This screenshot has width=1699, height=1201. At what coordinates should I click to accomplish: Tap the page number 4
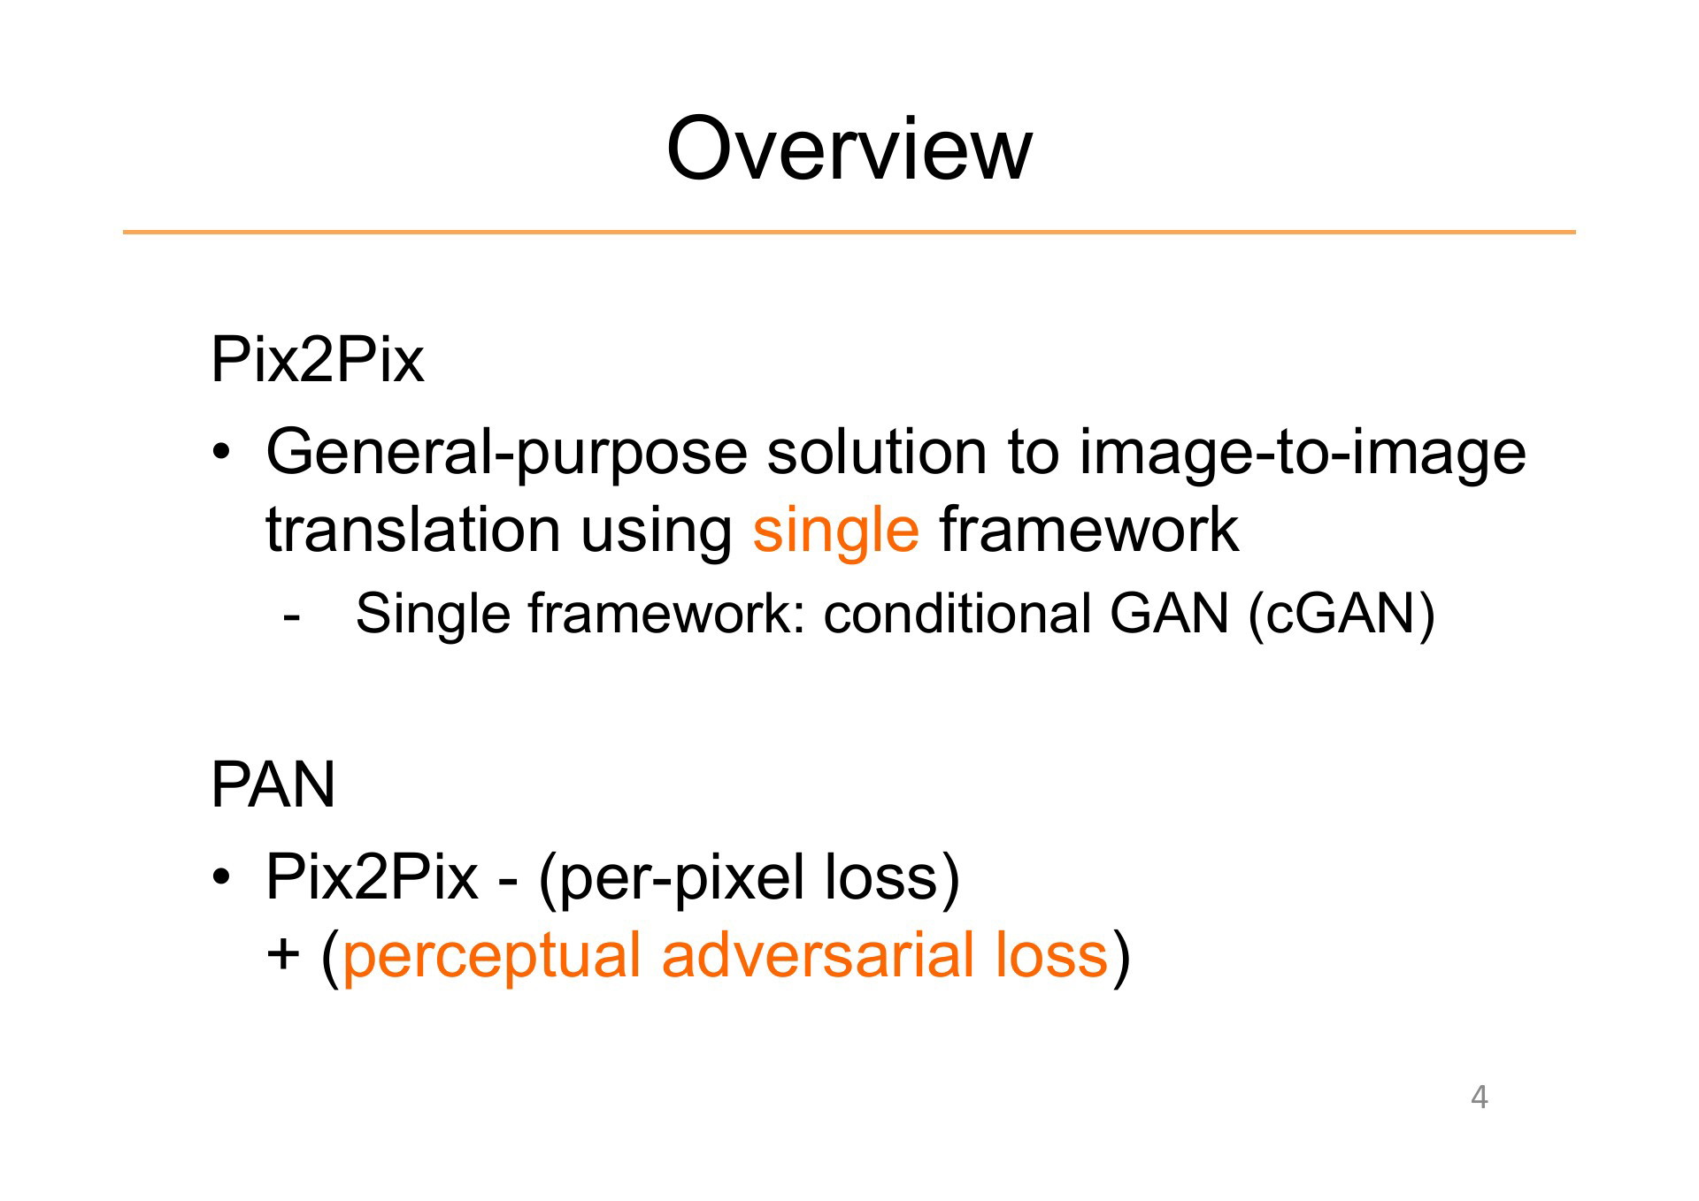pos(1479,1097)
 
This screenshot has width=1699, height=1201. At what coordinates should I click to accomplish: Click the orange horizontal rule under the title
pos(849,233)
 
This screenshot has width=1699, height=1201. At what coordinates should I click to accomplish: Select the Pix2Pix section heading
pos(317,360)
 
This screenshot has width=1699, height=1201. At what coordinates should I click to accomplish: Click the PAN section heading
pos(273,784)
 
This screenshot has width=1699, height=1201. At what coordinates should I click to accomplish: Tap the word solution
pos(876,452)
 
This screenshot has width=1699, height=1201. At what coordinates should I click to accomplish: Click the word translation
pos(412,530)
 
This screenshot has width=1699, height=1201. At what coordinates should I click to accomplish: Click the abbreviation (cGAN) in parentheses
pos(1342,615)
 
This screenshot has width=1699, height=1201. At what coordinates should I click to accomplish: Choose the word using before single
pos(656,533)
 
